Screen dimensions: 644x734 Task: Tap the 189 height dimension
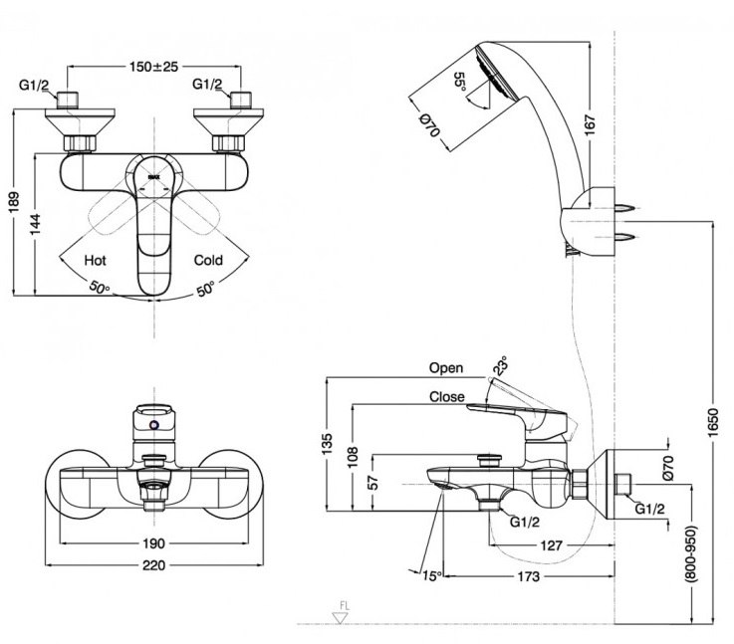(x=11, y=202)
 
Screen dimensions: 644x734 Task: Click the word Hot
(x=96, y=260)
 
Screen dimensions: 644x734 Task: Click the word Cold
(x=208, y=260)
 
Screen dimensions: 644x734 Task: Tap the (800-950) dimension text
(x=692, y=560)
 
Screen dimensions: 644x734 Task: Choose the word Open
(x=446, y=367)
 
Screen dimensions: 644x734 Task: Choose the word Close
(x=446, y=396)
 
